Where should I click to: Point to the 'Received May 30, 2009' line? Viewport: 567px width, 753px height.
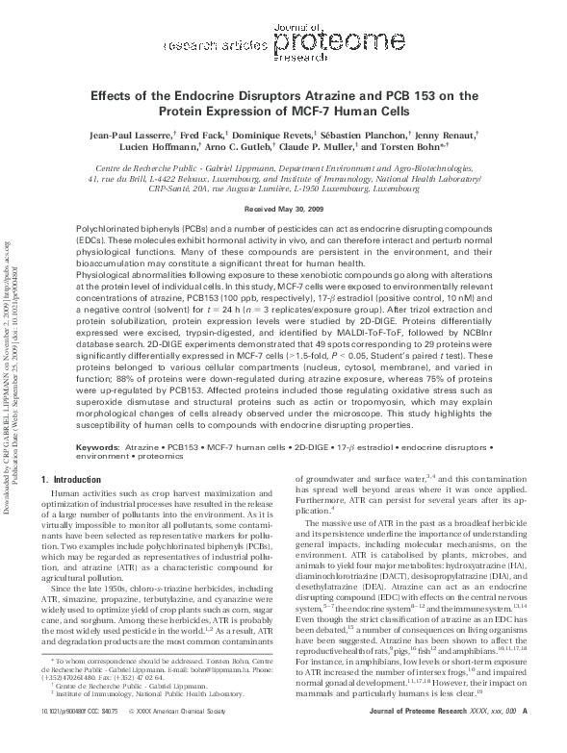click(283, 208)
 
